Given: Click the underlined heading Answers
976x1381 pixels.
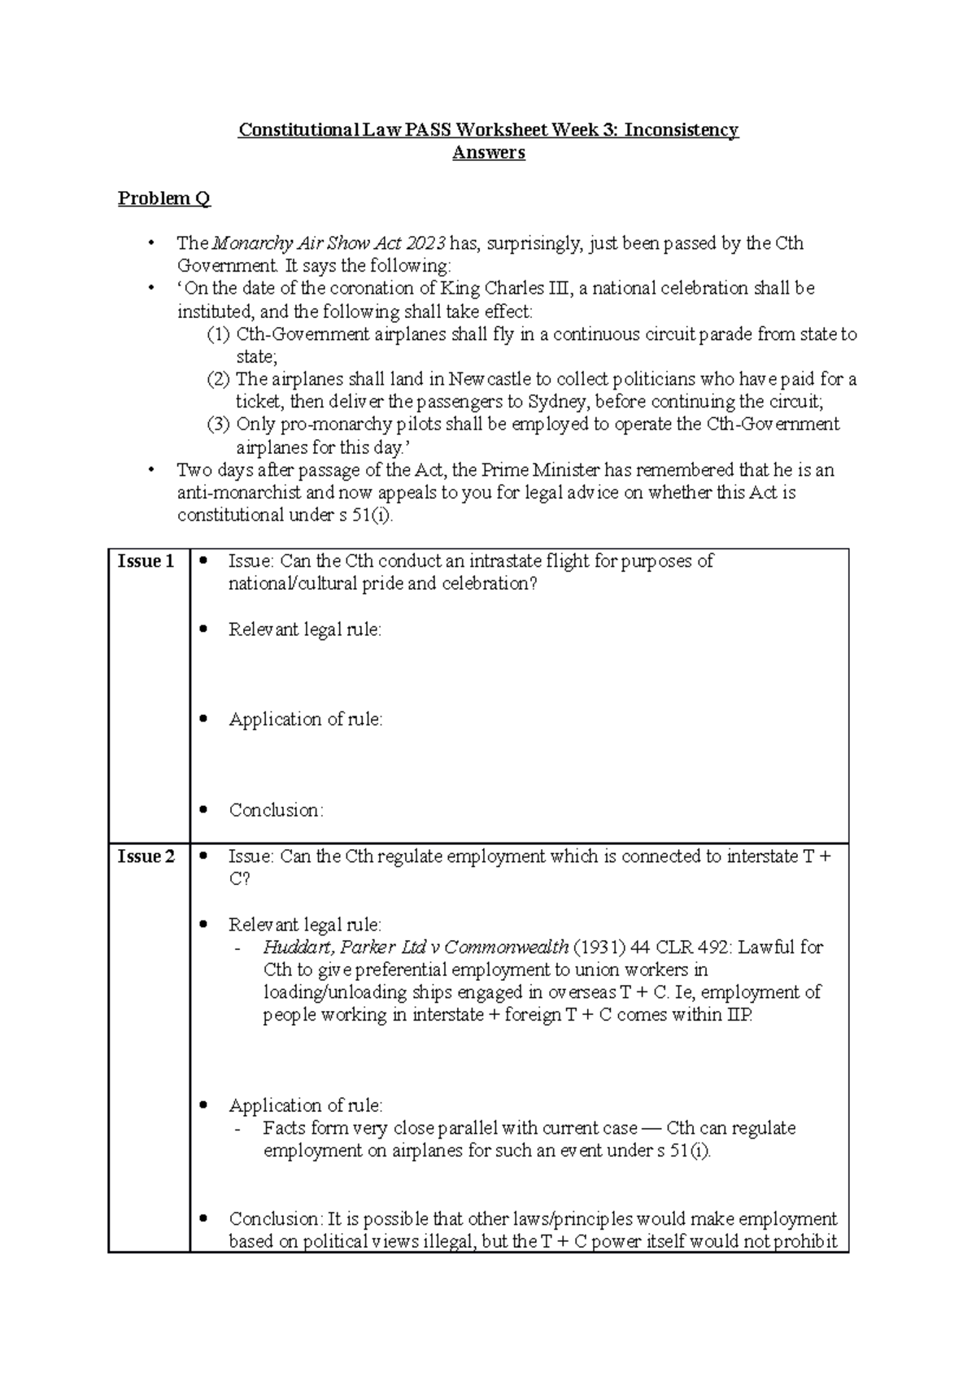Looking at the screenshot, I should [x=488, y=153].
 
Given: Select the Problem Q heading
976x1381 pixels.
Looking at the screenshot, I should [x=163, y=198].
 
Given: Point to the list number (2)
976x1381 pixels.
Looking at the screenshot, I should [x=218, y=379].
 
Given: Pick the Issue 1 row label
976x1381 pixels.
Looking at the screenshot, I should [x=146, y=561].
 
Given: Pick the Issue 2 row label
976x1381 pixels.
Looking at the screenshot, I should [x=146, y=856].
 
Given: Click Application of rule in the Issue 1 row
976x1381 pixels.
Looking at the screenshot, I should [x=305, y=720].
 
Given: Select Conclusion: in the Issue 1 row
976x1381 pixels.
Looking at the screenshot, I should [x=276, y=811].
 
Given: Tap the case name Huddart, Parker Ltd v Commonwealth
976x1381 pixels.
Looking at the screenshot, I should [x=416, y=948].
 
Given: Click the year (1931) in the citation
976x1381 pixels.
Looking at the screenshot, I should [x=599, y=948].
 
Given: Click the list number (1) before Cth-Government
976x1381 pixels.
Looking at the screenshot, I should [x=218, y=334].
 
